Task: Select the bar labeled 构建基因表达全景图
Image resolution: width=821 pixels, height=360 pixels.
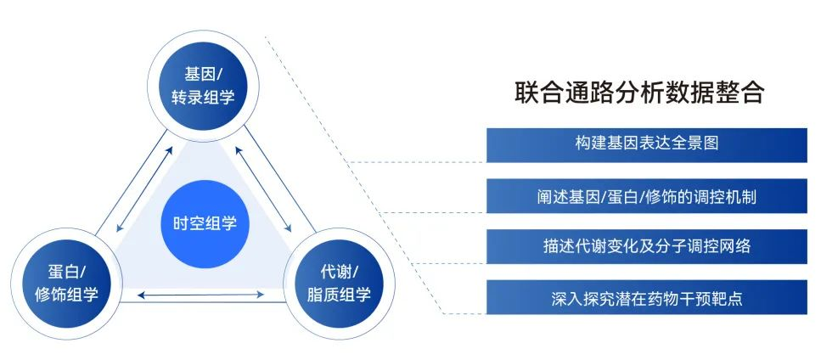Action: click(646, 143)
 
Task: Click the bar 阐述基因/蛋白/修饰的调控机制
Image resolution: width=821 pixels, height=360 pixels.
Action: click(646, 197)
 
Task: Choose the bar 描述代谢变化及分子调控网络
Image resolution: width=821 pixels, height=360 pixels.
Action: click(646, 247)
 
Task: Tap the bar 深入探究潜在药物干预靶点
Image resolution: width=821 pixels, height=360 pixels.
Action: click(646, 299)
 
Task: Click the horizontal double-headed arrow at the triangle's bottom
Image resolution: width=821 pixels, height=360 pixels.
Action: click(201, 295)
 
